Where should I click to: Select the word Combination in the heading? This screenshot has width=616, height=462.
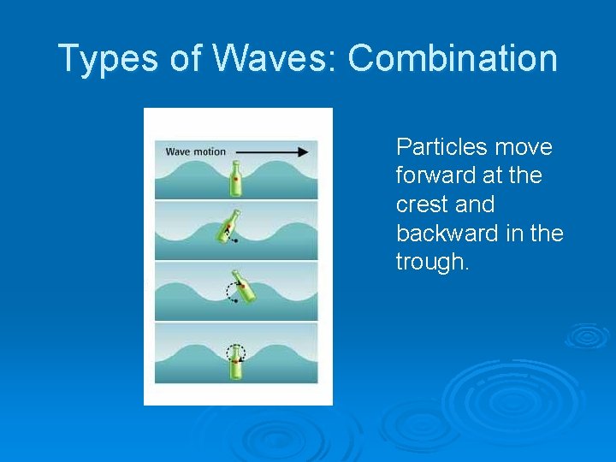pyautogui.click(x=453, y=59)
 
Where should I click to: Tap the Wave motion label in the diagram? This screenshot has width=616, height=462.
pyautogui.click(x=195, y=152)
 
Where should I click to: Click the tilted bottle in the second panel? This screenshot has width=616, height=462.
pyautogui.click(x=228, y=228)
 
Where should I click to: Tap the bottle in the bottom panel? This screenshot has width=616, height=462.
pyautogui.click(x=235, y=362)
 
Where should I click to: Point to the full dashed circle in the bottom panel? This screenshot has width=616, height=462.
pyautogui.click(x=235, y=352)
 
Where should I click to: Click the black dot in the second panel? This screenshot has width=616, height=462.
pyautogui.click(x=235, y=242)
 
